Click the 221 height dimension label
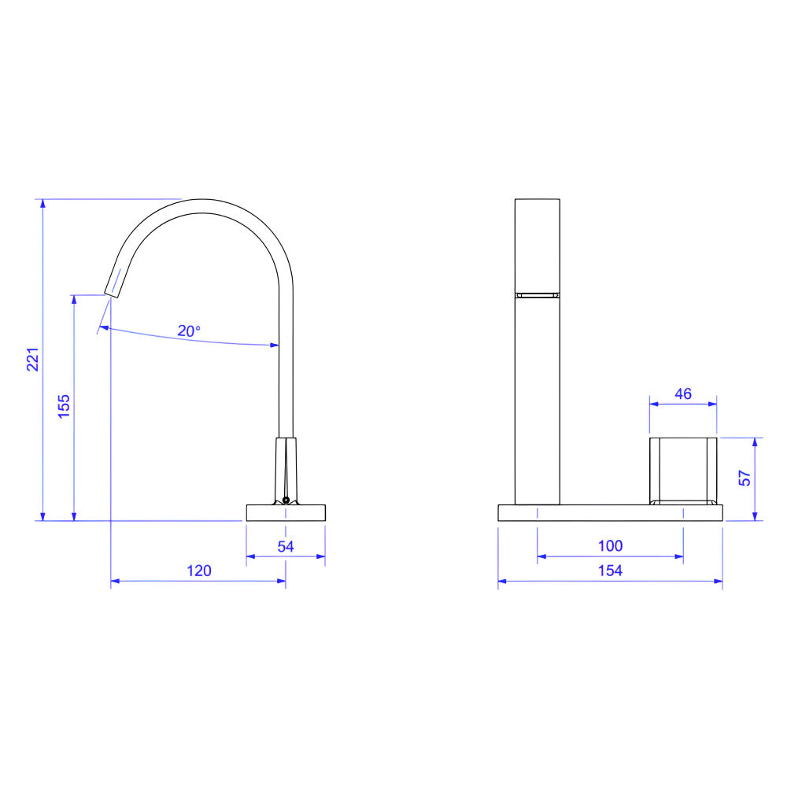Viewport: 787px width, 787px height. tap(33, 360)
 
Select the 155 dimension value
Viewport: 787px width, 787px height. tap(64, 407)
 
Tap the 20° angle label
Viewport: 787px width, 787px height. tap(189, 331)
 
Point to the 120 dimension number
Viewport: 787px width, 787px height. tap(199, 571)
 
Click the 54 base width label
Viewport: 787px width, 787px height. tap(286, 547)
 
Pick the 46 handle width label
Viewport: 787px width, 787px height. tap(683, 394)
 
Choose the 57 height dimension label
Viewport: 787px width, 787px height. tap(745, 478)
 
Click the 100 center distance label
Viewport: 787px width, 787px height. tap(611, 545)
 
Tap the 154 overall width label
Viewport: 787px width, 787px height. tap(611, 571)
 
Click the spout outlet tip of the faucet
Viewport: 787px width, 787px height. tap(112, 295)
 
